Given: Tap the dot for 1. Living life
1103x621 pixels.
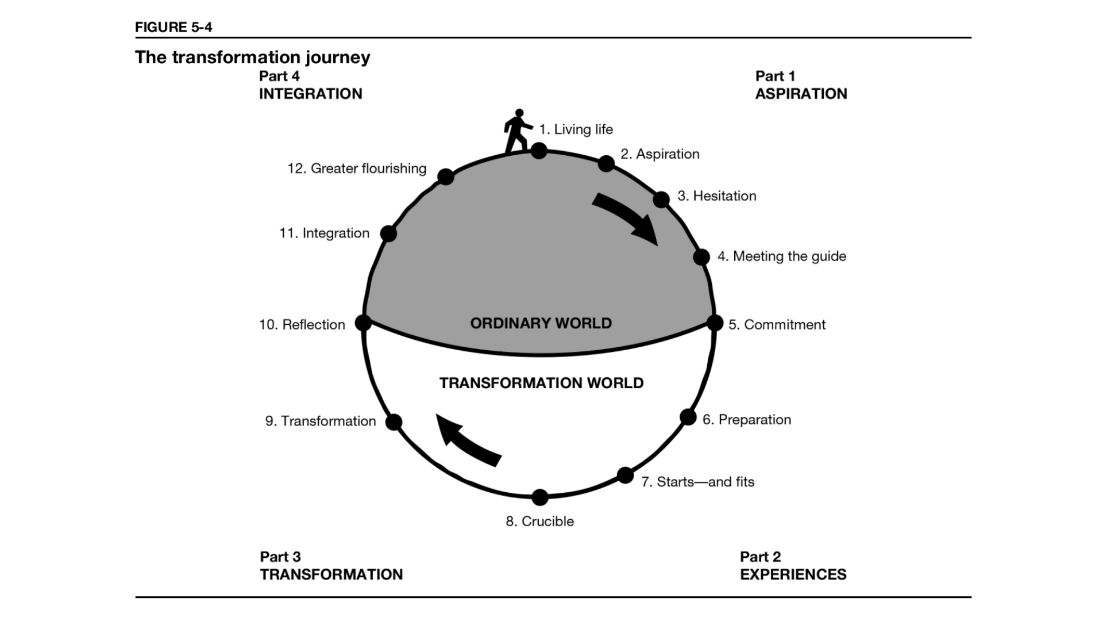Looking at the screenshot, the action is [x=539, y=151].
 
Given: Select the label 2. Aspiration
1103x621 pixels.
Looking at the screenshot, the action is [x=660, y=154].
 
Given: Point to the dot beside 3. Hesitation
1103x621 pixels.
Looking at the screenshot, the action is [x=661, y=200].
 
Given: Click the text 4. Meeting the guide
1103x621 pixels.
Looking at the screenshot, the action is [x=782, y=256].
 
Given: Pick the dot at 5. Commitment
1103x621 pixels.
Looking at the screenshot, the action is [x=715, y=323].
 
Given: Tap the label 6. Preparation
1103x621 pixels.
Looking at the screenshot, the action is [x=747, y=420].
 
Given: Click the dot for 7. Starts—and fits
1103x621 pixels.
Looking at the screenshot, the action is [x=625, y=476].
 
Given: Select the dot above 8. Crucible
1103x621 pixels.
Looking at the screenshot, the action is [x=540, y=497].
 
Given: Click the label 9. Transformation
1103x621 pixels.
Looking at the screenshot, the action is [x=321, y=421].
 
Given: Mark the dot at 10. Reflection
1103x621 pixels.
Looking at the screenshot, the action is [x=363, y=323].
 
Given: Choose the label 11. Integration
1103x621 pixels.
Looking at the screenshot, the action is [x=325, y=233].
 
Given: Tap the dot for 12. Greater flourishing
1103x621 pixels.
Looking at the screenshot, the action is [x=446, y=177].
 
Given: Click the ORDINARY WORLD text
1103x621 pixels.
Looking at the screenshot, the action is [x=541, y=323].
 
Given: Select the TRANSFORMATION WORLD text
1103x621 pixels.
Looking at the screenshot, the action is [x=542, y=383].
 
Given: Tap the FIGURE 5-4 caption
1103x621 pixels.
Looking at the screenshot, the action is [x=173, y=27].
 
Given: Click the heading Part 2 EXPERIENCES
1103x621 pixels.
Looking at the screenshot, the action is [x=793, y=566].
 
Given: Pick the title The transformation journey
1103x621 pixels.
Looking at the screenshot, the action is [x=253, y=57].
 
